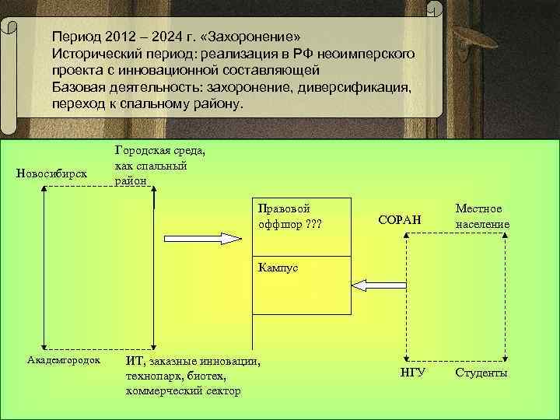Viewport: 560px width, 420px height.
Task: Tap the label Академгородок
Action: [64, 361]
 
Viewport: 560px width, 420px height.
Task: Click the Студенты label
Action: [481, 373]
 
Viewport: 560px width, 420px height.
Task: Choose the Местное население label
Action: [483, 217]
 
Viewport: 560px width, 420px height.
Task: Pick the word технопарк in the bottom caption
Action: [152, 376]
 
